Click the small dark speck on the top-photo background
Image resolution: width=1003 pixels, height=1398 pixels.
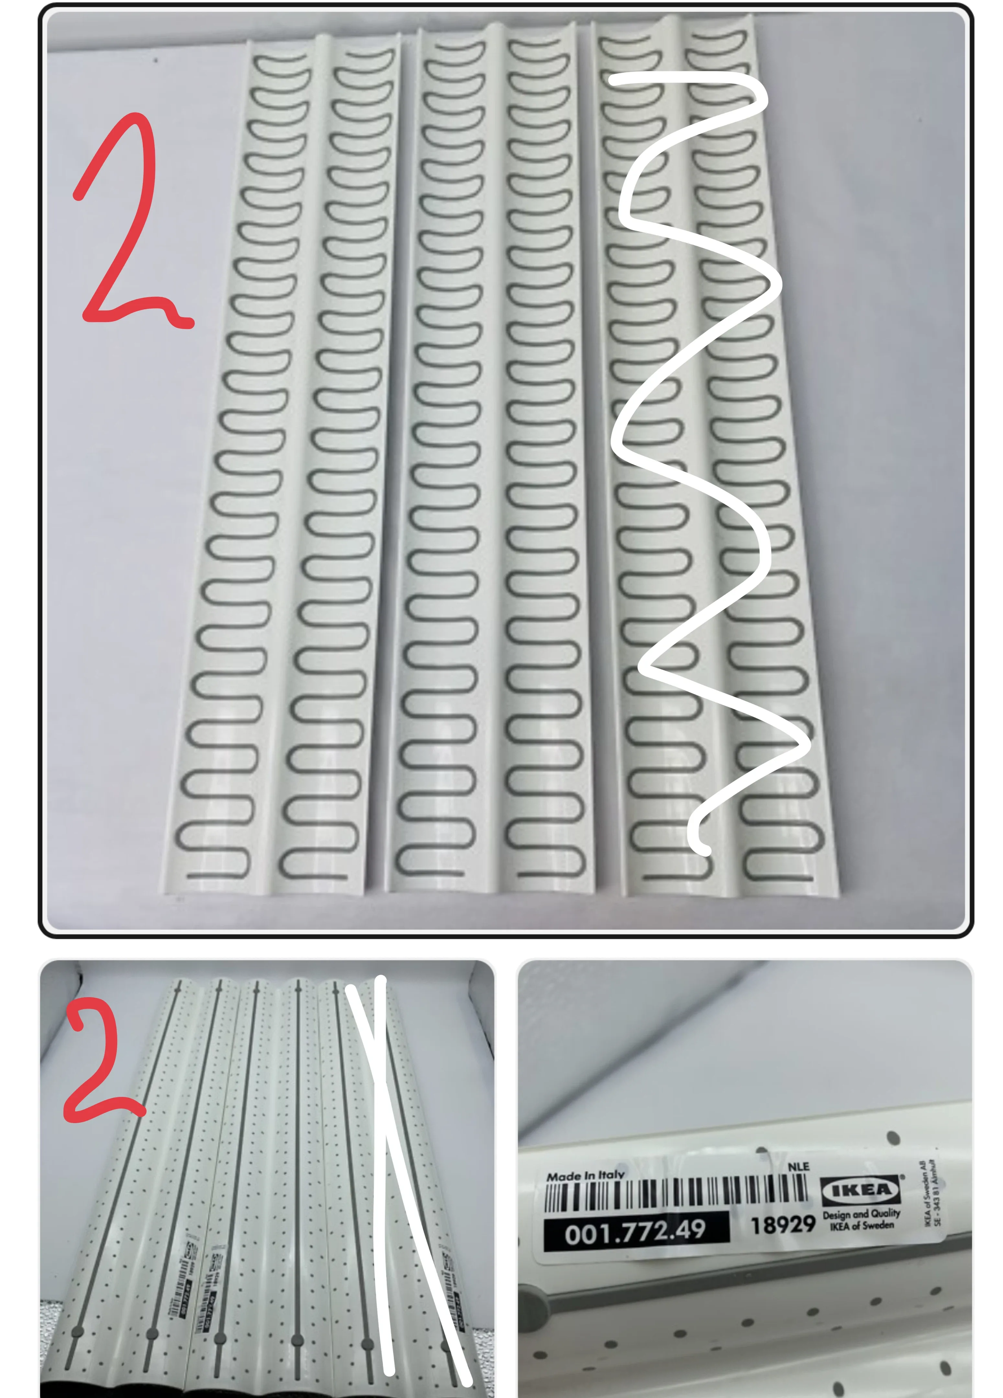[155, 61]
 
